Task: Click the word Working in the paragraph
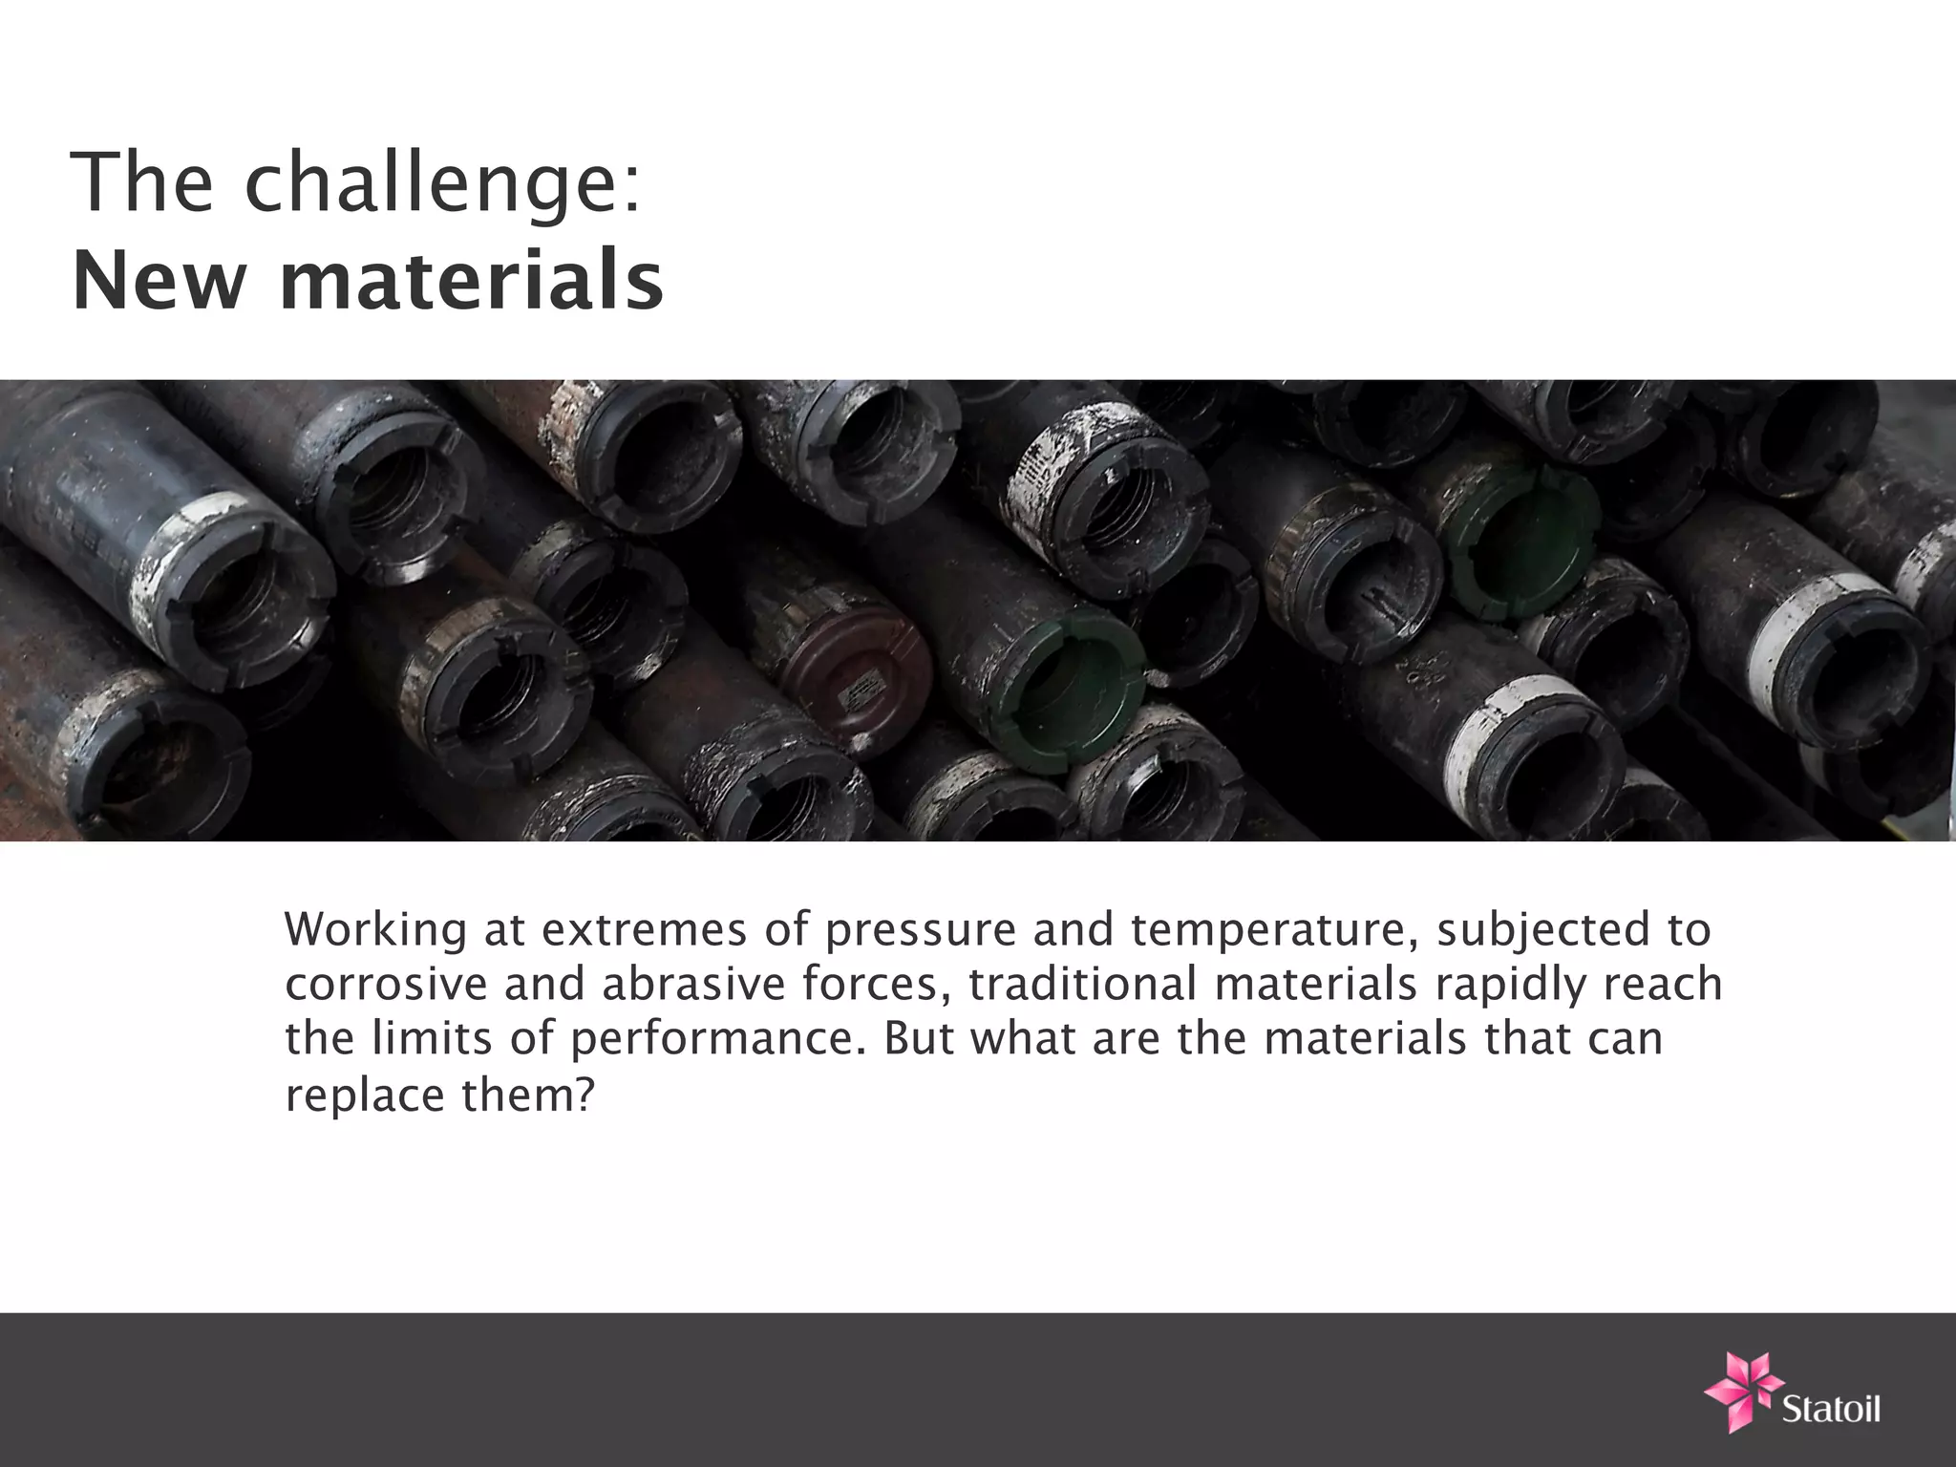pyautogui.click(x=375, y=930)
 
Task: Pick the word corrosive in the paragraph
pyautogui.click(x=386, y=986)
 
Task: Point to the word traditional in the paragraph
pyautogui.click(x=1081, y=986)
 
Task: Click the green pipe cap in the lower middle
pyautogui.click(x=1067, y=691)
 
